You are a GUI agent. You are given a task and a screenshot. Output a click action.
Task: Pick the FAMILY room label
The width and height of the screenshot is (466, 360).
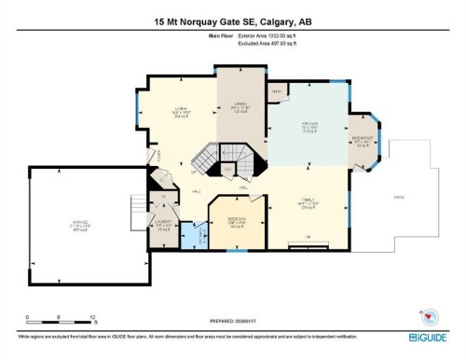(308, 200)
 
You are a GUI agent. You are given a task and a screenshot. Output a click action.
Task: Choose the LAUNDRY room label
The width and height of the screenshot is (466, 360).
(164, 224)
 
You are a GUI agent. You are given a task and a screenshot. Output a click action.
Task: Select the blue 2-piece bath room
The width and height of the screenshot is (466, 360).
(192, 233)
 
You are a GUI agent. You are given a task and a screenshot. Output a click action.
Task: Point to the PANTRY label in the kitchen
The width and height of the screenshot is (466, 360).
(277, 90)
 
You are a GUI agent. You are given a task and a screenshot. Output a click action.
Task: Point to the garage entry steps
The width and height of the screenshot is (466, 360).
(138, 206)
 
